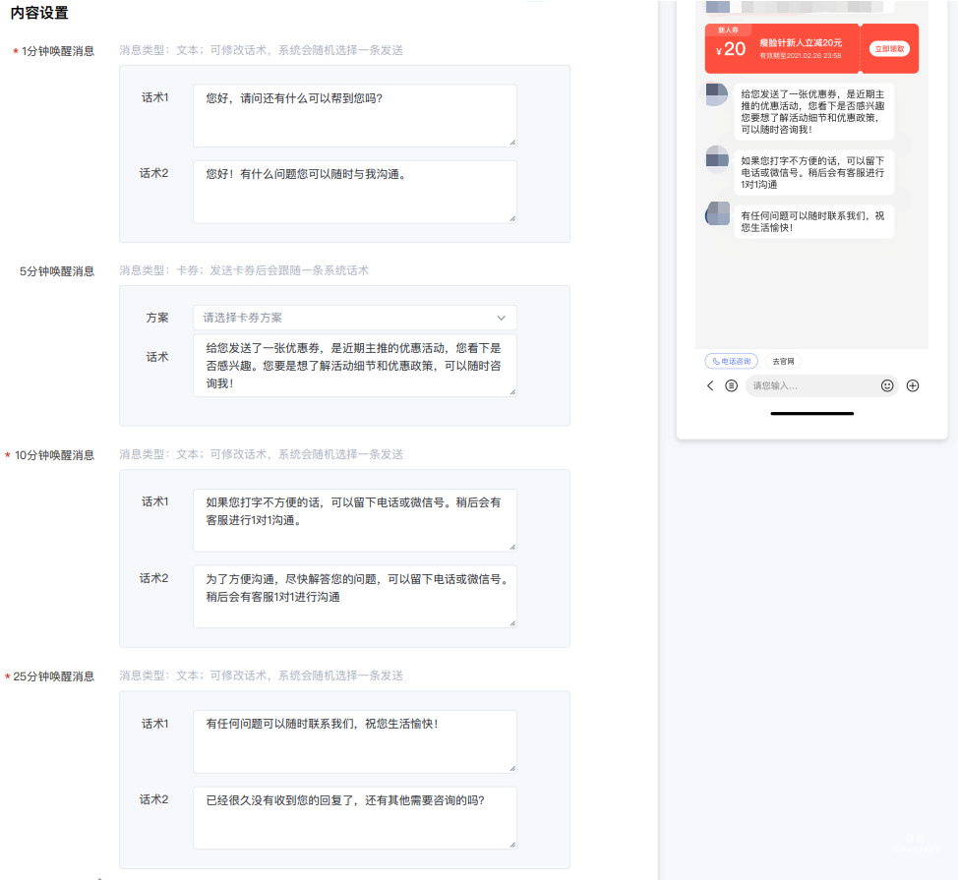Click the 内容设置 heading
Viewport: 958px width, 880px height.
point(39,14)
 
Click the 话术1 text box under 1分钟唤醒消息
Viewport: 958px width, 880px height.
point(354,115)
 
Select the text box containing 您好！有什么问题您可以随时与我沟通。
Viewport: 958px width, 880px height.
point(354,192)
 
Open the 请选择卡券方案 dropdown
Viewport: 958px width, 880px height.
point(354,318)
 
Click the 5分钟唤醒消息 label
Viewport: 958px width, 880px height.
point(57,271)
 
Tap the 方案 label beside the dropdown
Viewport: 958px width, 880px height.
point(157,318)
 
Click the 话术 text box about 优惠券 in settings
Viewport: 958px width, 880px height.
point(354,365)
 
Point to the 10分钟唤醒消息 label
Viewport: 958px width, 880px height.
point(55,455)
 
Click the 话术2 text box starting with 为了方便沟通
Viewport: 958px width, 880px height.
point(354,596)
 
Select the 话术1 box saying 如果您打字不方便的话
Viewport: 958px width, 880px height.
point(354,520)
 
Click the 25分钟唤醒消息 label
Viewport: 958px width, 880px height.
point(55,676)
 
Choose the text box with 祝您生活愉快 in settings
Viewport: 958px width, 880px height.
point(354,741)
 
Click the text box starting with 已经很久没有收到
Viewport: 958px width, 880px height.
point(354,817)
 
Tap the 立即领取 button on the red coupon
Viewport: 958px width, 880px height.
point(889,49)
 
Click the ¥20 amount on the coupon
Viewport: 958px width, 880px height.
point(731,50)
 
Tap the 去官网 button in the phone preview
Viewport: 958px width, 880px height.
point(783,361)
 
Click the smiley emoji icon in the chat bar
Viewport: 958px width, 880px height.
point(887,386)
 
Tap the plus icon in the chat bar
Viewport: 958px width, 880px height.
point(913,386)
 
